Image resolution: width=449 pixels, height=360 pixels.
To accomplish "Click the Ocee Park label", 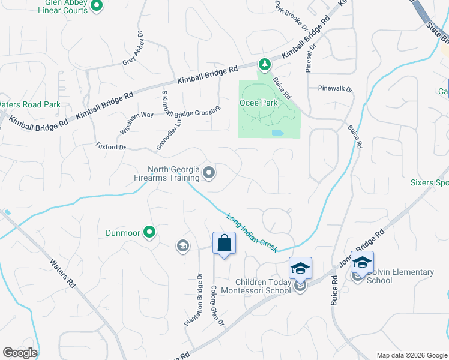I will [259, 103].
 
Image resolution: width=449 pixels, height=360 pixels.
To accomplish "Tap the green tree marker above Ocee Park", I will [263, 63].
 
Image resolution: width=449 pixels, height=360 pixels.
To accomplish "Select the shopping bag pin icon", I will [224, 244].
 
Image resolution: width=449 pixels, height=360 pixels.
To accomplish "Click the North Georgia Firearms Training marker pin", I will [209, 173].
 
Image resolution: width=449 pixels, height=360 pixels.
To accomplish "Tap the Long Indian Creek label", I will [252, 233].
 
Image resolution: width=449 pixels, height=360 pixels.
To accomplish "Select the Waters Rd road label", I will [62, 274].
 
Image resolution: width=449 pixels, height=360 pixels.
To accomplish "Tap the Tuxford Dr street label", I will [111, 146].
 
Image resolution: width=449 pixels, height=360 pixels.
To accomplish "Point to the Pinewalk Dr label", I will [335, 89].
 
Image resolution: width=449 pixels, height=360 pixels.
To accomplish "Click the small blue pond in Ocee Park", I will [277, 133].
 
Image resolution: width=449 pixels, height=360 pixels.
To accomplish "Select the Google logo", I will [20, 353].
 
